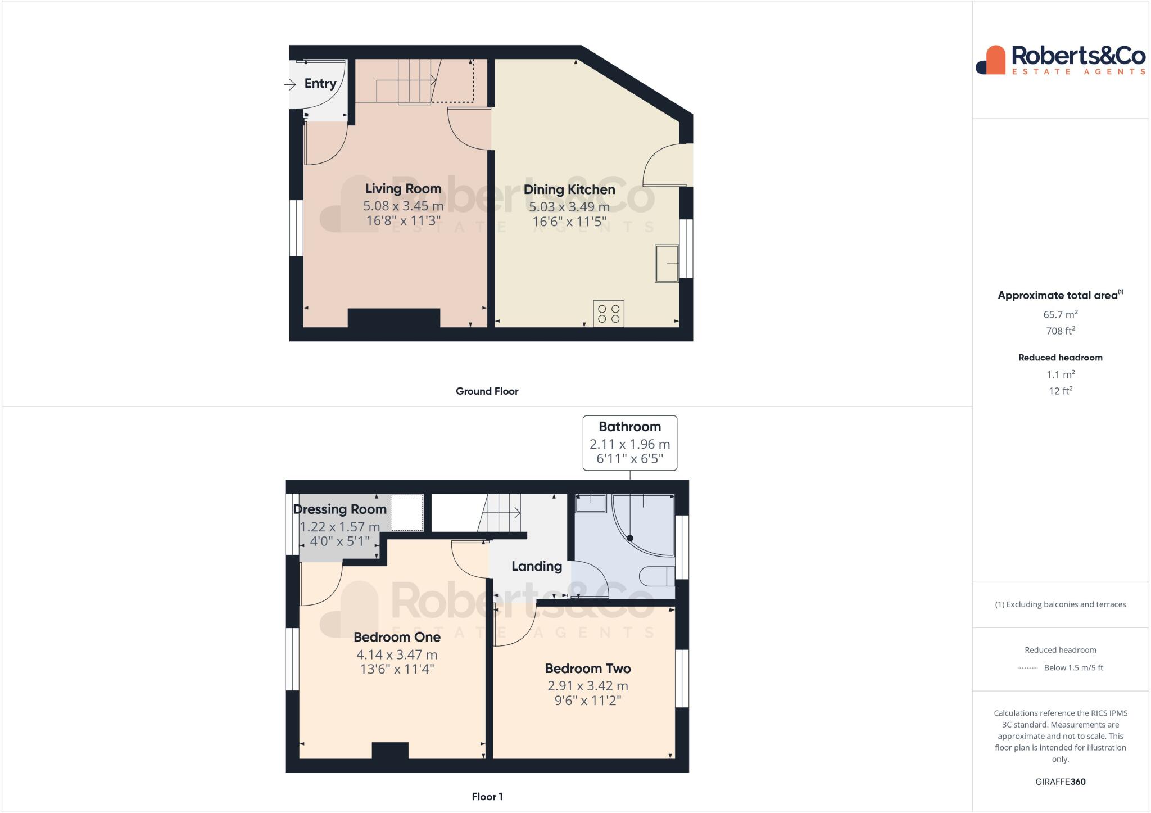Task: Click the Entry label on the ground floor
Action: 320,84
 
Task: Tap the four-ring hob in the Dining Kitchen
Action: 609,314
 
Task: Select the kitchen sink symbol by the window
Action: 667,263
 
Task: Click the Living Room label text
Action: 403,189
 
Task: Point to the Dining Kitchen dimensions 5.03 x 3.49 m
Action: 569,207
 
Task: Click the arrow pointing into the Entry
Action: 290,85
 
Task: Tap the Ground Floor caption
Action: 487,391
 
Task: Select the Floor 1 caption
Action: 487,797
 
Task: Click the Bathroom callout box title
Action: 629,427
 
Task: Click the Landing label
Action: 536,566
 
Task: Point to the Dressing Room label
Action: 339,509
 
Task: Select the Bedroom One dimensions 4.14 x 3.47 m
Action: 397,655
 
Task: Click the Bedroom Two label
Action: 587,669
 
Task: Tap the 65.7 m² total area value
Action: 1060,315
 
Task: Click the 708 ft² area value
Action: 1060,331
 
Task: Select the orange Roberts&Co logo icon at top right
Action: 991,60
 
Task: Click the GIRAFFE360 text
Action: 1060,782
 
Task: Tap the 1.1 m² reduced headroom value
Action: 1060,374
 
